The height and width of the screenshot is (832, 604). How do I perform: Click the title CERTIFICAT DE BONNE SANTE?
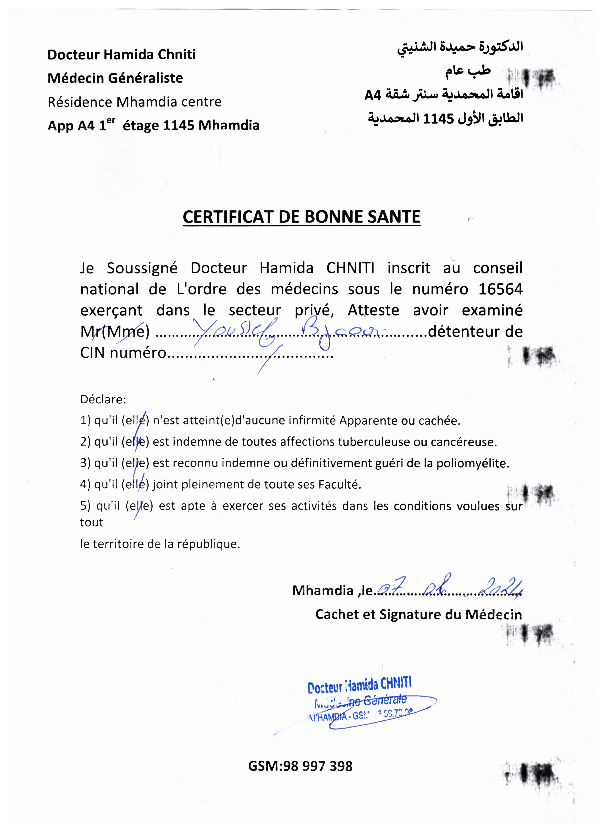[x=301, y=217]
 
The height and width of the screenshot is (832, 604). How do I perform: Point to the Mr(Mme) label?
[x=115, y=332]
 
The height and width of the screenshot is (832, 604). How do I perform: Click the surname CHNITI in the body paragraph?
[x=350, y=268]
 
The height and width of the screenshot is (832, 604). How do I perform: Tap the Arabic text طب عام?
[x=468, y=70]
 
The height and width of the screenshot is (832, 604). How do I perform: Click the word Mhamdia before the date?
[x=322, y=590]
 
